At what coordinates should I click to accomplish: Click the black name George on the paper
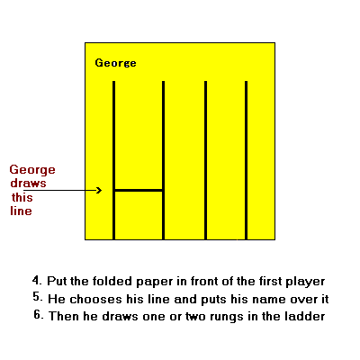tap(115, 63)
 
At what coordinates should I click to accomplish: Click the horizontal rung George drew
tap(139, 190)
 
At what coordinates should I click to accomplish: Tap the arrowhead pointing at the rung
tap(99, 190)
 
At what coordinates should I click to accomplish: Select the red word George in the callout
tap(32, 170)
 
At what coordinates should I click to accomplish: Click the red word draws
tap(29, 183)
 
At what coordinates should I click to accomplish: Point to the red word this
tap(22, 197)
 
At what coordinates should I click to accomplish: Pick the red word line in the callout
tap(21, 211)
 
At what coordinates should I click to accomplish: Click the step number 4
tap(37, 280)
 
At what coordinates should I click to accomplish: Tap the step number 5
tap(38, 297)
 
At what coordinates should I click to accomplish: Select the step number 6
tap(39, 315)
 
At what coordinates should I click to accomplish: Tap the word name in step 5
tap(268, 300)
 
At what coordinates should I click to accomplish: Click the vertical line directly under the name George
tap(113, 160)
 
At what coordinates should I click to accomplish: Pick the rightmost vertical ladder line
tap(246, 160)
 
